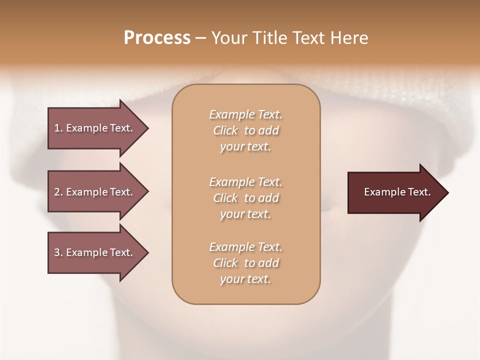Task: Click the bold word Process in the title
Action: (x=157, y=38)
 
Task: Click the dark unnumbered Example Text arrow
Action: (x=395, y=192)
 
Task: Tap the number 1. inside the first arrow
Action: (x=58, y=128)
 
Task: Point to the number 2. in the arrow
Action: (x=58, y=192)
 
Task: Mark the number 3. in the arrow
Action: (x=58, y=252)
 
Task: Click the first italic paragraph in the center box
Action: (x=245, y=130)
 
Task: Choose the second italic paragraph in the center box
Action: (x=245, y=198)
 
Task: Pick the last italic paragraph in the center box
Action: (x=245, y=263)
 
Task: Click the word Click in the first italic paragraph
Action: (x=225, y=130)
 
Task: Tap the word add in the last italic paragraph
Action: (x=269, y=263)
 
